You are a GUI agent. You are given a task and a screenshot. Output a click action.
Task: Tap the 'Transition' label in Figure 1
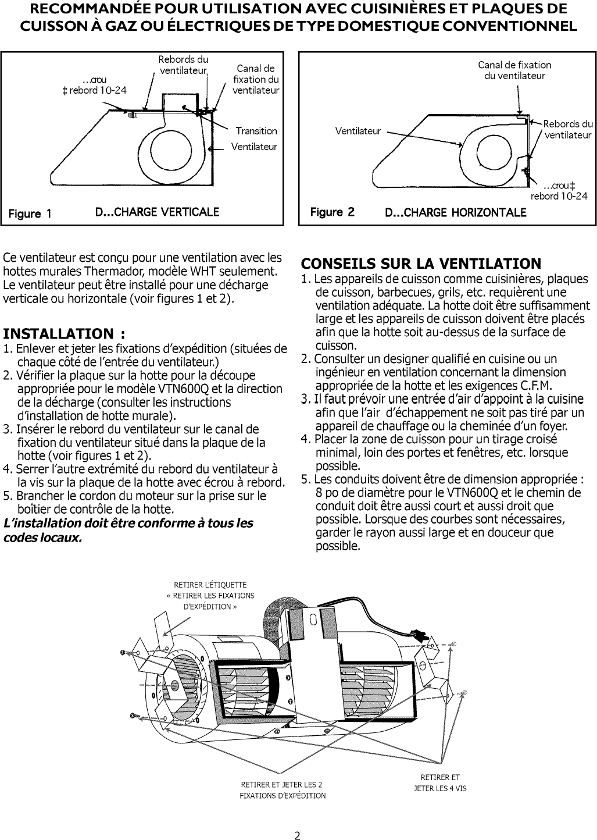pos(256,131)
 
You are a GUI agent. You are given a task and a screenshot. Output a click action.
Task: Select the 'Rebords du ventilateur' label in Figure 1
pos(183,65)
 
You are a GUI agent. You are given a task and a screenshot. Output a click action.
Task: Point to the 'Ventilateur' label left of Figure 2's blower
pos(358,131)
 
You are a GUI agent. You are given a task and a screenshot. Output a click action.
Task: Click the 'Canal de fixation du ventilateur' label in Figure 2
pos(514,70)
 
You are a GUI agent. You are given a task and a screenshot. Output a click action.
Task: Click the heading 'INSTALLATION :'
pos(64,334)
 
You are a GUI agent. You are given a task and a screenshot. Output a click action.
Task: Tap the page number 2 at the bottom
pos(297,821)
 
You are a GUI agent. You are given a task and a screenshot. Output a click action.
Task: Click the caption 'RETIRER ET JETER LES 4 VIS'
pos(439,783)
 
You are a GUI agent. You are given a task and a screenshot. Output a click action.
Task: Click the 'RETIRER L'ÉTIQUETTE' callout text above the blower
pos(210,585)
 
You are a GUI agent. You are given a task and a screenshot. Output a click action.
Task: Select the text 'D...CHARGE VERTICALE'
pos(157,212)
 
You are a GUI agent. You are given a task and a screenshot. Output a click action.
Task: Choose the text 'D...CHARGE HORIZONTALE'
pos(456,212)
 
